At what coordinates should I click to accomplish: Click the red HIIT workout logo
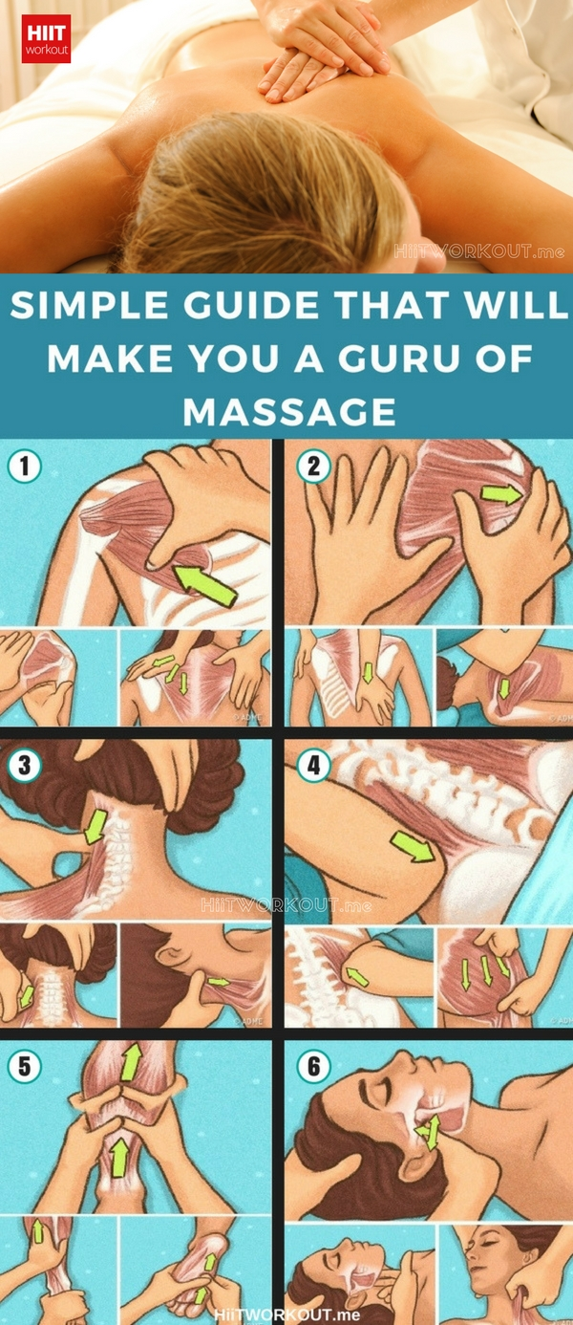tap(46, 38)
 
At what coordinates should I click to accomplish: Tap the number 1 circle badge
tap(24, 467)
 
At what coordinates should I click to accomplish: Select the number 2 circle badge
tap(313, 467)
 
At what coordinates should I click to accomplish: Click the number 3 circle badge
tap(24, 765)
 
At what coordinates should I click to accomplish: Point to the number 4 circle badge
tap(313, 765)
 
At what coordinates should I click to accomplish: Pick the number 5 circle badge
tap(24, 1066)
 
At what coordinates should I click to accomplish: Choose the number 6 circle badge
tap(313, 1066)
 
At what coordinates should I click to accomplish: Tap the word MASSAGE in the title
tap(288, 411)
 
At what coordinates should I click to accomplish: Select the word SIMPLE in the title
tap(89, 305)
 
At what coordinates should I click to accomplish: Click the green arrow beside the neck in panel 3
tap(95, 826)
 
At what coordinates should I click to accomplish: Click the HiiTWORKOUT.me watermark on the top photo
tap(479, 251)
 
